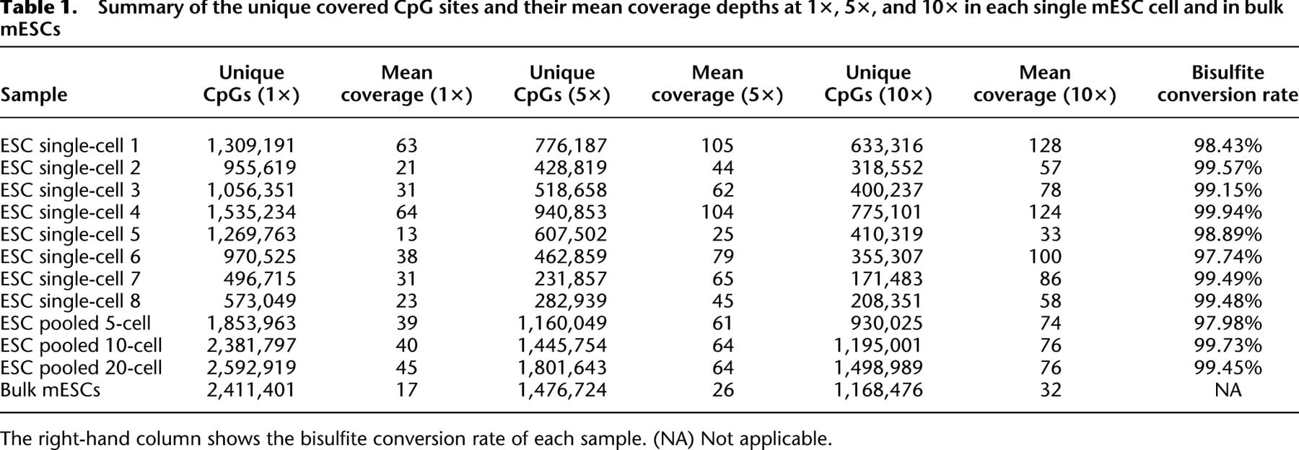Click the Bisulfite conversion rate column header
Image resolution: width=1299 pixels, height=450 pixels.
pyautogui.click(x=1228, y=84)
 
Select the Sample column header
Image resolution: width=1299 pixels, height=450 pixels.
pyautogui.click(x=34, y=95)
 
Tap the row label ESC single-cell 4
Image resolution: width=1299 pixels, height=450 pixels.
pyautogui.click(x=70, y=212)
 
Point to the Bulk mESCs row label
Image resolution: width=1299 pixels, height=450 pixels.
pyautogui.click(x=50, y=390)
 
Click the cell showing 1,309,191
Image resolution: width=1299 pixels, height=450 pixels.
pyautogui.click(x=251, y=146)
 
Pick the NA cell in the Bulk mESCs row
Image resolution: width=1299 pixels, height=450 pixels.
pyautogui.click(x=1228, y=390)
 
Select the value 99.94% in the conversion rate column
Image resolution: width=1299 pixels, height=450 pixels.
pyautogui.click(x=1228, y=212)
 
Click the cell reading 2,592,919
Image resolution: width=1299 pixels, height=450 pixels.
pyautogui.click(x=251, y=368)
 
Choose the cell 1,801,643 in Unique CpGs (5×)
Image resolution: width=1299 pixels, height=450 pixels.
pyautogui.click(x=562, y=368)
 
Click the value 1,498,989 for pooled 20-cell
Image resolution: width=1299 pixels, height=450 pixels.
pyautogui.click(x=878, y=368)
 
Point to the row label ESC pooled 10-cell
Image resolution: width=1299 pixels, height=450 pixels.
pyautogui.click(x=81, y=346)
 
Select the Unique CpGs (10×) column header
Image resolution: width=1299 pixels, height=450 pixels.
pyautogui.click(x=878, y=84)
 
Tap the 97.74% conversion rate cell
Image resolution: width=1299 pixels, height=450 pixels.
pyautogui.click(x=1228, y=257)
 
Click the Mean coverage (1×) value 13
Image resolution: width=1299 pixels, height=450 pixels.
pyautogui.click(x=407, y=235)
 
